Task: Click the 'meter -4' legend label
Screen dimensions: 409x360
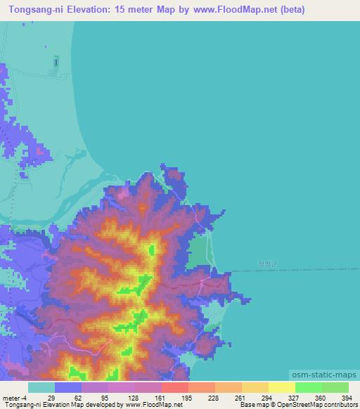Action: pyautogui.click(x=14, y=398)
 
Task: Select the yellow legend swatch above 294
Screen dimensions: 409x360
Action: pyautogui.click(x=254, y=387)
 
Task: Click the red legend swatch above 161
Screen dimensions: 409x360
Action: pyautogui.click(x=174, y=387)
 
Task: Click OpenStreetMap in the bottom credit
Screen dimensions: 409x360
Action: pyautogui.click(x=295, y=405)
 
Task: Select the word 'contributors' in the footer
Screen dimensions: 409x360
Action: pyautogui.click(x=339, y=405)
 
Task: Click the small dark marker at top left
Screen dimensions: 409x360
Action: pyautogui.click(x=56, y=63)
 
